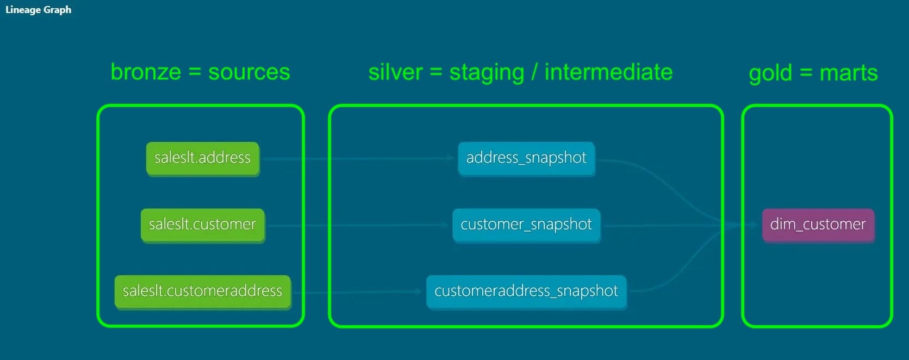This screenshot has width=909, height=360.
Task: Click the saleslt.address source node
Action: [x=202, y=158]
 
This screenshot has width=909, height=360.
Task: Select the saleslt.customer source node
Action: [x=202, y=225]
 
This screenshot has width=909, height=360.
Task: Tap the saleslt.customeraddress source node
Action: [x=202, y=291]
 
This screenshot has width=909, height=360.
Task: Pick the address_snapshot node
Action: [x=526, y=158]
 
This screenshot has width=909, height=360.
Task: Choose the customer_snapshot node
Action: [x=526, y=225]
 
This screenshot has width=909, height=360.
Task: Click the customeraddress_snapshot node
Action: [x=526, y=291]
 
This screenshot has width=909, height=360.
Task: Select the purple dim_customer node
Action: [x=818, y=225]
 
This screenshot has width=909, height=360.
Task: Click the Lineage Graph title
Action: [x=39, y=10]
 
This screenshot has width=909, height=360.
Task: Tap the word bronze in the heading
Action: [x=146, y=72]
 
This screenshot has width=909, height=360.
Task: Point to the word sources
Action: [x=249, y=73]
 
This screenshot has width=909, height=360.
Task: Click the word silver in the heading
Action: [x=396, y=72]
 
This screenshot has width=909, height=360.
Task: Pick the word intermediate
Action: [x=609, y=72]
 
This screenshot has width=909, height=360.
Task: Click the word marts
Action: [x=849, y=73]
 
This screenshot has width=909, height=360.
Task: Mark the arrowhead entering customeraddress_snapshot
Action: [x=419, y=291]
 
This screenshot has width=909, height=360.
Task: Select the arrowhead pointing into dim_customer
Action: [x=755, y=225]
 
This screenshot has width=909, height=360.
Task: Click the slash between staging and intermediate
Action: [x=534, y=72]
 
